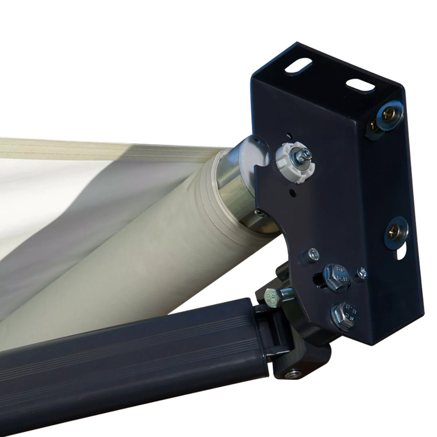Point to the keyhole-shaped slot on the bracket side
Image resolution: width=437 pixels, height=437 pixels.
tap(401, 253)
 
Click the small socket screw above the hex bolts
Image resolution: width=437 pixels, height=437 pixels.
tap(312, 254)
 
